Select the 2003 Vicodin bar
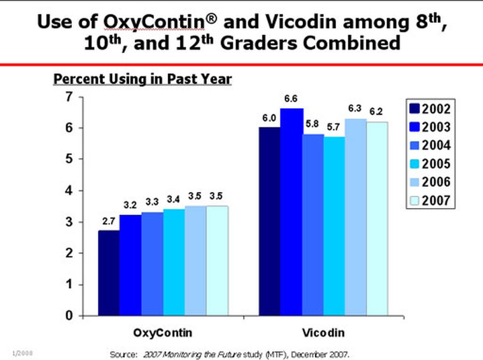pos(292,212)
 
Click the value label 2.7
pos(109,221)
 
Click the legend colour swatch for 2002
pos(414,109)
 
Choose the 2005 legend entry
pos(430,163)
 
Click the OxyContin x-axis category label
pos(163,334)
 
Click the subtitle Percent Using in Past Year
pos(143,79)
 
